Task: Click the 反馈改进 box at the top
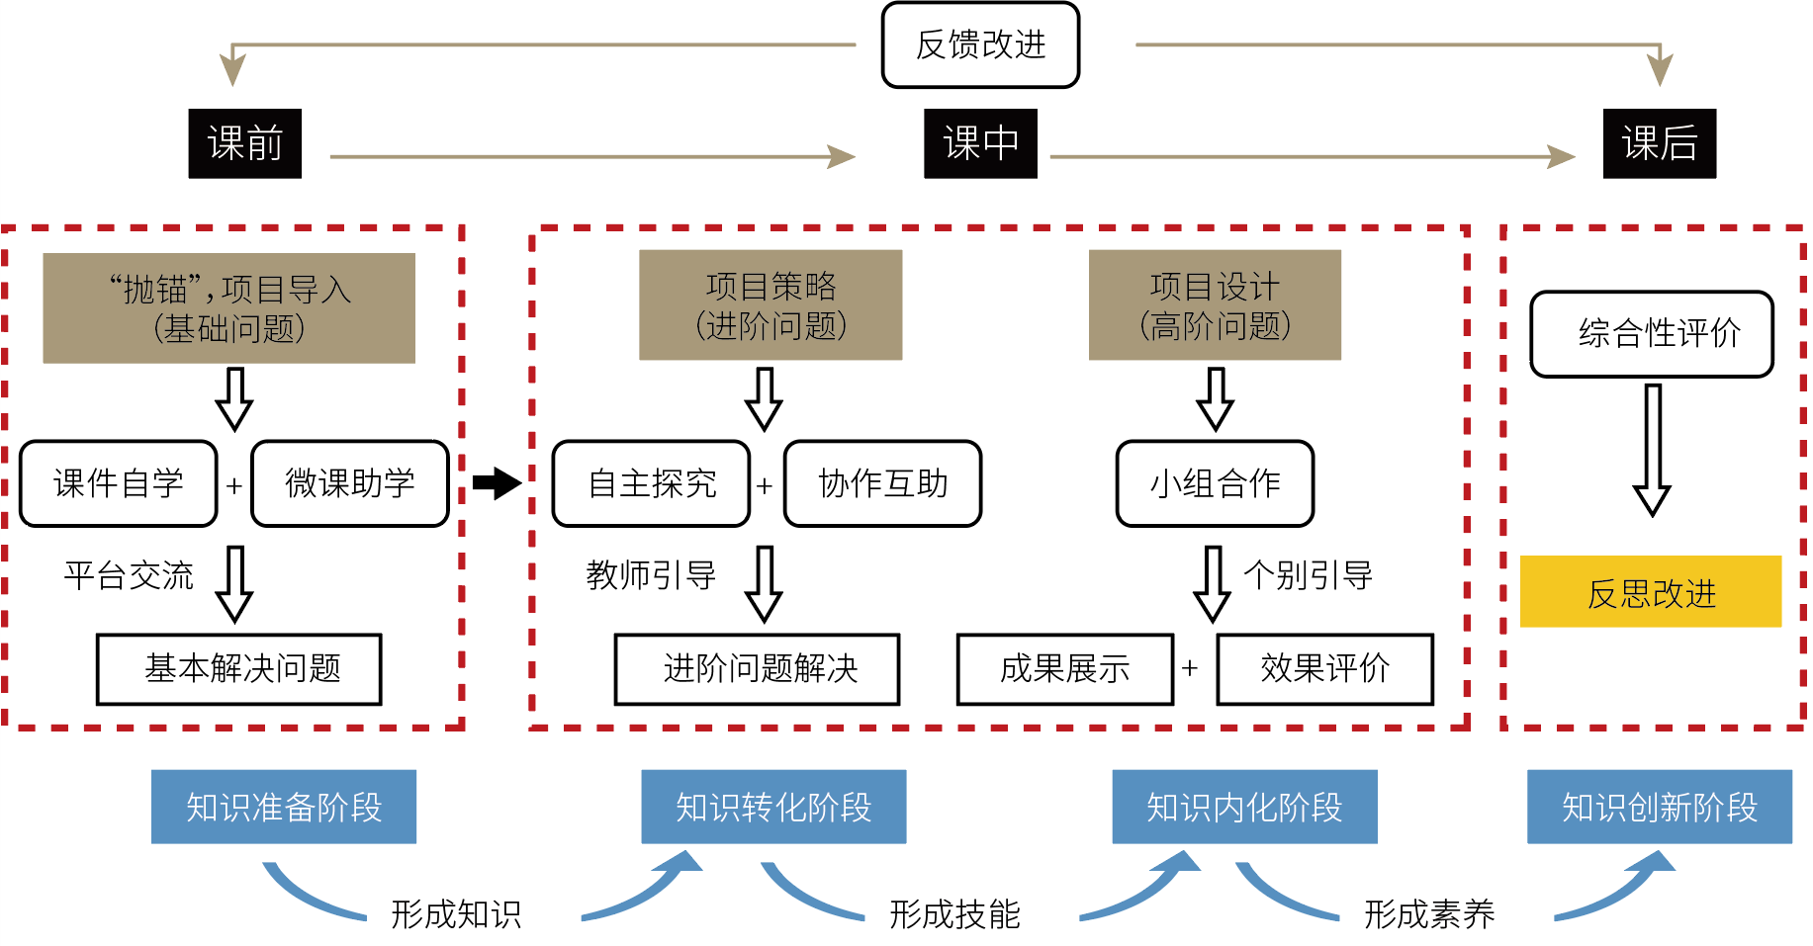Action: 980,45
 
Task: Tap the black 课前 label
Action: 245,143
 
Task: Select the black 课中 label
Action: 980,143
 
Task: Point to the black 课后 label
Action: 1659,143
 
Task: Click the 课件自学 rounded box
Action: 119,483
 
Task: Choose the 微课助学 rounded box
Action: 350,483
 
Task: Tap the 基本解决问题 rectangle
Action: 239,669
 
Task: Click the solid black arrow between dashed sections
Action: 497,483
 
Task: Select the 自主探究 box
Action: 651,483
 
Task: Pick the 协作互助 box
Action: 882,483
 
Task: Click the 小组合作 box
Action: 1215,483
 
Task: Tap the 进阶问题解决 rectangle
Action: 758,669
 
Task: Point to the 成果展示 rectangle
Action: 1065,669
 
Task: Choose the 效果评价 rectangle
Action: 1324,669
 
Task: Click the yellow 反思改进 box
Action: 1651,592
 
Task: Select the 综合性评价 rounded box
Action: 1652,334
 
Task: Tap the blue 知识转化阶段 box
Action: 773,807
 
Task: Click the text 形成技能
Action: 954,914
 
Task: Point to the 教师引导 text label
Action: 651,575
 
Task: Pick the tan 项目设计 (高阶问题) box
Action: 1215,304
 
